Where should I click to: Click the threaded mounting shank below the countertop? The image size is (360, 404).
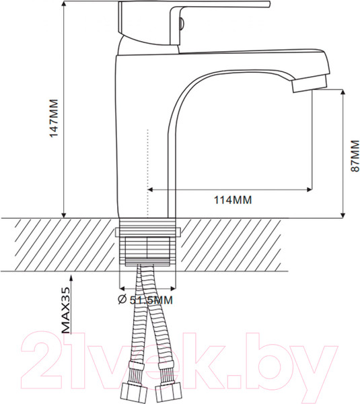click(148, 249)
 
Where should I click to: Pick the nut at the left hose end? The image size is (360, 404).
click(134, 393)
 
